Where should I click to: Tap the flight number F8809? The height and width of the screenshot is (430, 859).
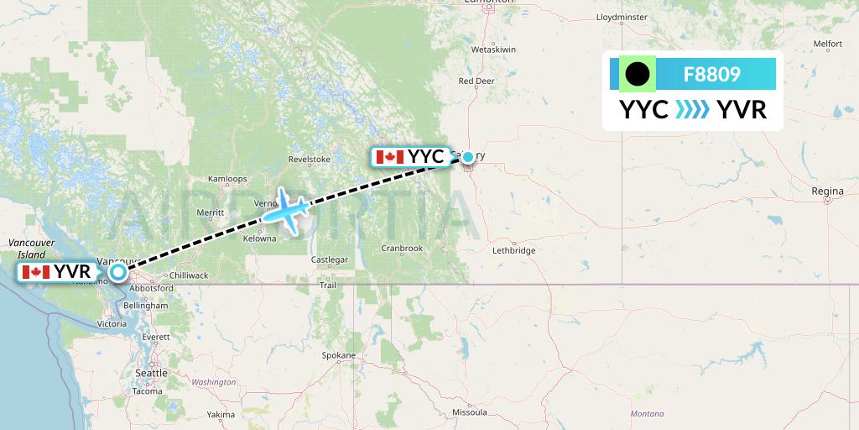tap(711, 74)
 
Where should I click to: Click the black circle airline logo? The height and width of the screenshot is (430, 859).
tap(637, 74)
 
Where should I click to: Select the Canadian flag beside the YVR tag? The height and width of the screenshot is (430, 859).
tap(36, 271)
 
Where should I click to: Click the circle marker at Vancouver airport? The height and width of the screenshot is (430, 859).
tap(117, 271)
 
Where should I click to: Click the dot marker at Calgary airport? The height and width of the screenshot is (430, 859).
tap(468, 156)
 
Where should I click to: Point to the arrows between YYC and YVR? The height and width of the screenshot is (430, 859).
tap(692, 110)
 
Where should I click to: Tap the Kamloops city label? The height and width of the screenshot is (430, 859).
tap(227, 179)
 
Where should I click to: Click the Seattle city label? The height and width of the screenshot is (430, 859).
tap(152, 373)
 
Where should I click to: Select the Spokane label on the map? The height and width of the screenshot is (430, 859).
tap(339, 355)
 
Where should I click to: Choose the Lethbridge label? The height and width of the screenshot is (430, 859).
tap(514, 250)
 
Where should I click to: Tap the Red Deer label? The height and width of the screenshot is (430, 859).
tap(476, 81)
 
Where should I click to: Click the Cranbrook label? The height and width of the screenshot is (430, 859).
tap(401, 248)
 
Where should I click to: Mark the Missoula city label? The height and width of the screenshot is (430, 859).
tap(470, 412)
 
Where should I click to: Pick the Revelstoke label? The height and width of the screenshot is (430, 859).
tap(309, 159)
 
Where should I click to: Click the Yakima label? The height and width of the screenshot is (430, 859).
tap(221, 414)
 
